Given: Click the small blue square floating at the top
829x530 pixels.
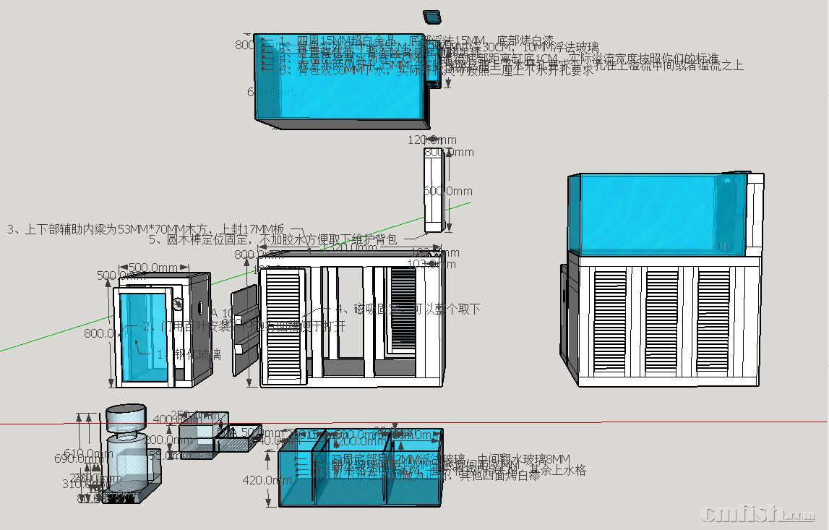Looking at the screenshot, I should tap(432, 16).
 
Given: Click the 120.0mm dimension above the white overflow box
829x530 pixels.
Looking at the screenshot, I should tap(431, 139).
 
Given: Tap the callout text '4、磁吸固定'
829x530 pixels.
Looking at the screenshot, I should tap(417, 309).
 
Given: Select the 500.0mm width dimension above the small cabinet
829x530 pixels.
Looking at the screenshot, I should tap(153, 268).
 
